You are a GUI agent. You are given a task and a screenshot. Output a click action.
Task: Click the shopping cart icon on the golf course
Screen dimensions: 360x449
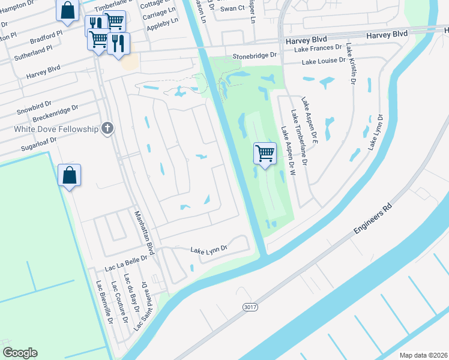(x=265, y=153)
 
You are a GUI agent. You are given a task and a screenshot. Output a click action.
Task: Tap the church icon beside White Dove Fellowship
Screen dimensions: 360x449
(x=107, y=128)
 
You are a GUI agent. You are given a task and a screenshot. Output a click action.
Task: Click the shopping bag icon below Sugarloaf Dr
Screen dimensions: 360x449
(x=70, y=175)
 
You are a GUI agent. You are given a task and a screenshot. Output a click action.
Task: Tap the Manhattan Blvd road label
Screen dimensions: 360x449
(x=145, y=233)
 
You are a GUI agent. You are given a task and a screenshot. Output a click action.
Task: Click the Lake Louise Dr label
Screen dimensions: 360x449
(x=324, y=61)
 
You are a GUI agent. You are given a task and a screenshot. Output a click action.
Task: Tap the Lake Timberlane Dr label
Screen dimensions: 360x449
(x=298, y=137)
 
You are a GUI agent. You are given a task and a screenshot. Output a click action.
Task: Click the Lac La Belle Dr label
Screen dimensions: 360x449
(x=126, y=262)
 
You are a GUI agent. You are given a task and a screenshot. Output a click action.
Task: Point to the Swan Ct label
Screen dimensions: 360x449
(x=232, y=8)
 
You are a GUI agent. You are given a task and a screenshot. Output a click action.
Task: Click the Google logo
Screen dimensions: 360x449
(x=20, y=353)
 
